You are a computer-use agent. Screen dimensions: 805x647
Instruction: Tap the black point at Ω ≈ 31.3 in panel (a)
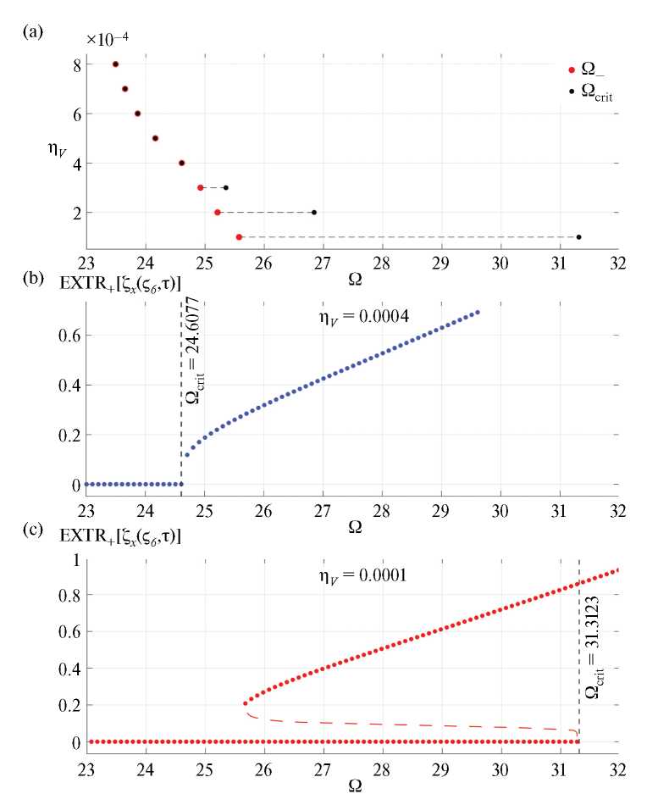point(578,237)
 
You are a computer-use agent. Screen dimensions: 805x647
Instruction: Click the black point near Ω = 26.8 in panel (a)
point(314,213)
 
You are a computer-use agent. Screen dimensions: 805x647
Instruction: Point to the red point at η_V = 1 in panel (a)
point(239,237)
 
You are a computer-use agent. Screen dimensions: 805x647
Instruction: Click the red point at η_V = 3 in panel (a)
point(201,187)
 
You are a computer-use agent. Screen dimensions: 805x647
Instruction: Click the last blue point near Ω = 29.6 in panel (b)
point(478,312)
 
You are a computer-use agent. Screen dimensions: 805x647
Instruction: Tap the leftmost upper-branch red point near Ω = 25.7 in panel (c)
point(246,703)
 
